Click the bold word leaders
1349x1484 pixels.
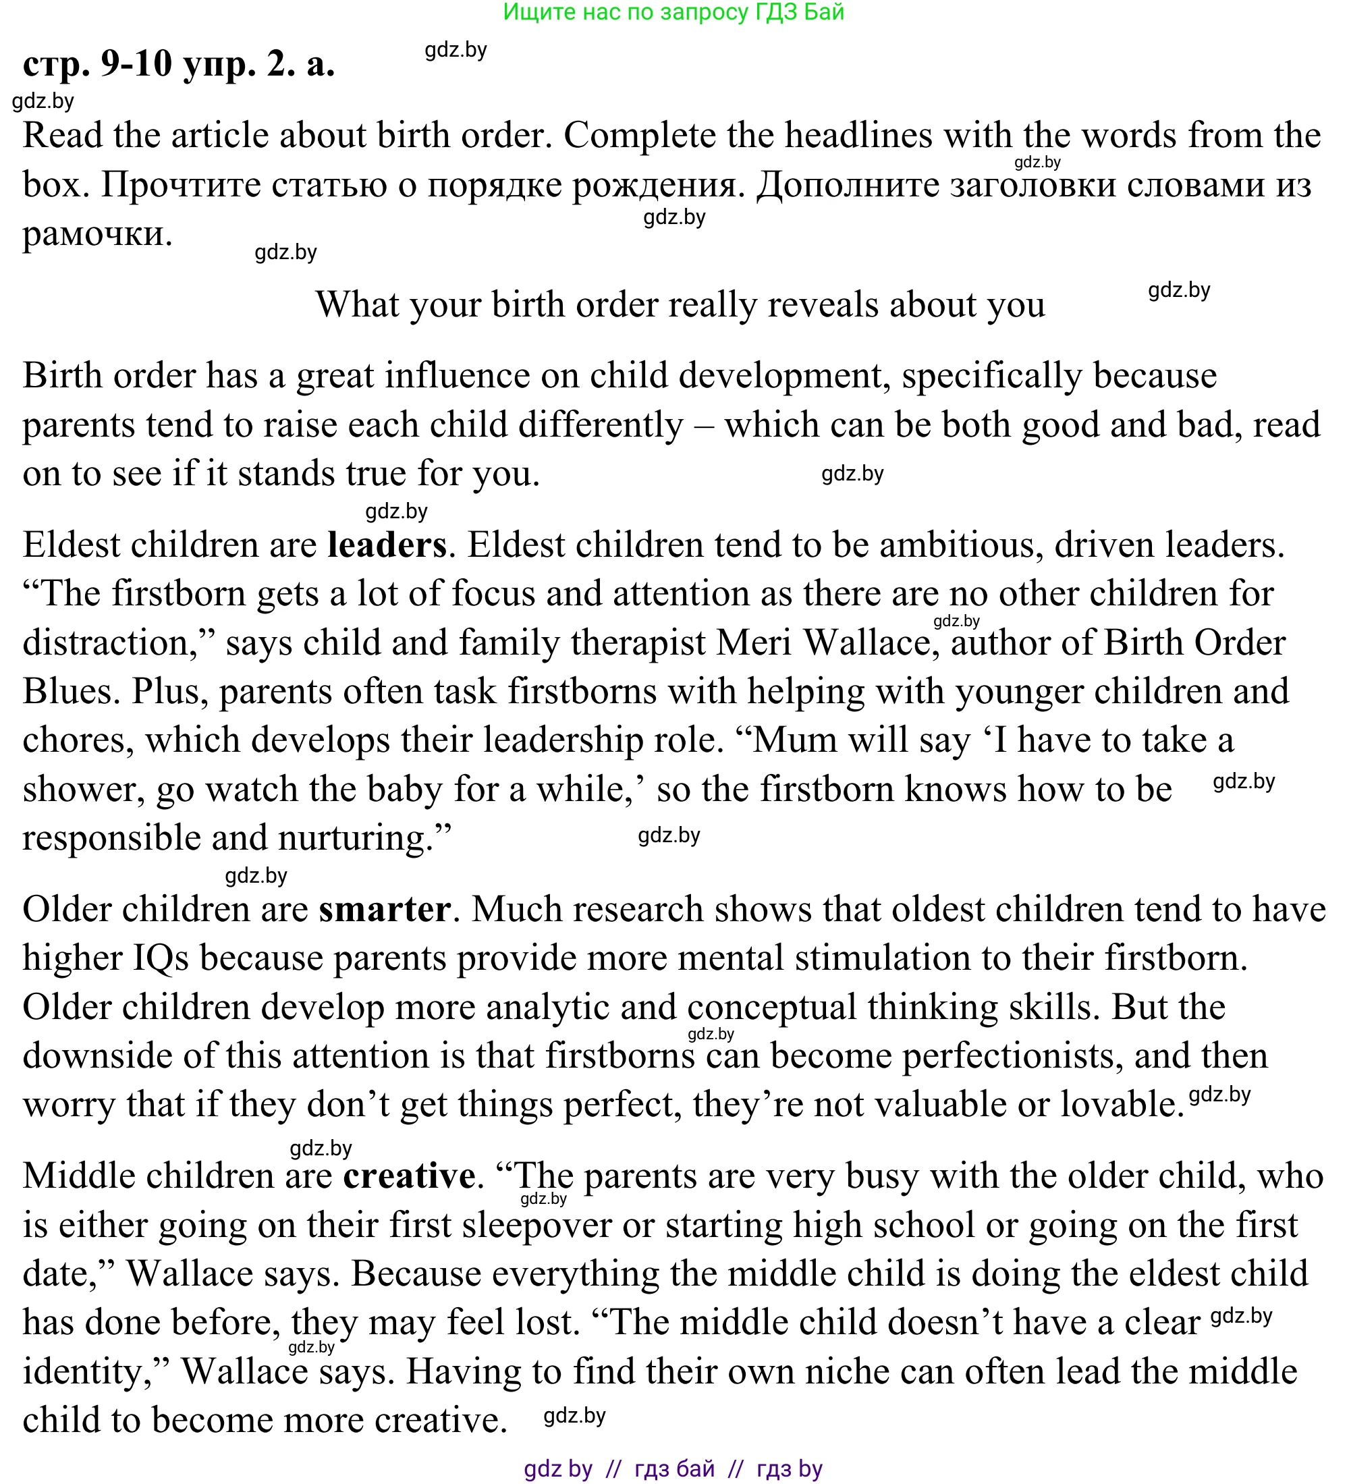[x=387, y=545]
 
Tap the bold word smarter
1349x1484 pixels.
[x=384, y=910]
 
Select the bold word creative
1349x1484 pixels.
[x=409, y=1176]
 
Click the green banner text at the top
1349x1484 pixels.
[x=673, y=11]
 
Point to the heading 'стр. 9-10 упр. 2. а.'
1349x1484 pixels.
[x=179, y=64]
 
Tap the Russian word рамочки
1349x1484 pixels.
[x=97, y=235]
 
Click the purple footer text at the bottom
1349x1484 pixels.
[x=673, y=1468]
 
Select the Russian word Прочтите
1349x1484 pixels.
[x=180, y=185]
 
